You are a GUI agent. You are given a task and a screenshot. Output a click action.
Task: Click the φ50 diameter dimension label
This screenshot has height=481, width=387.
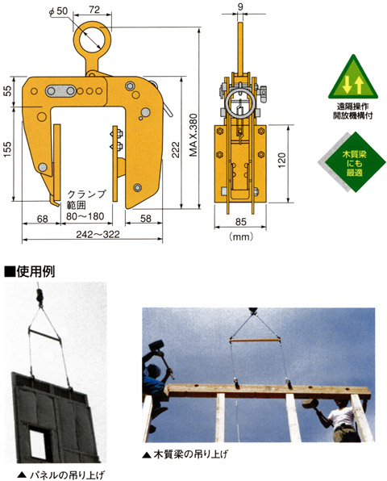click(58, 11)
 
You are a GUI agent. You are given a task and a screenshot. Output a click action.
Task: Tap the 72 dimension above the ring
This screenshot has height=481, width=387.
click(94, 10)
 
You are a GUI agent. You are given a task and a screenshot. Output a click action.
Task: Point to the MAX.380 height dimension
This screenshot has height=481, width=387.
click(193, 135)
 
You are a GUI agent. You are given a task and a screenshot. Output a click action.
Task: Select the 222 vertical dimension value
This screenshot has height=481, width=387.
click(176, 149)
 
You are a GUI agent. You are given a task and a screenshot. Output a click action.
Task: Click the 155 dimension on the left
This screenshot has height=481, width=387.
click(7, 149)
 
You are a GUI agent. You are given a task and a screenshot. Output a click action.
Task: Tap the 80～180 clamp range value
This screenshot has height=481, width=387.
click(85, 216)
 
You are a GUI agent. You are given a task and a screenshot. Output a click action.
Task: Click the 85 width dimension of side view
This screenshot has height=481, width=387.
click(241, 221)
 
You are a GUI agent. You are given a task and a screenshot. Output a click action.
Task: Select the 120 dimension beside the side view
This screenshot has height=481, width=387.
click(281, 160)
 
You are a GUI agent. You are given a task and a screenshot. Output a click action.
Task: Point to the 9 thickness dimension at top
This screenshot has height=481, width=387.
click(240, 6)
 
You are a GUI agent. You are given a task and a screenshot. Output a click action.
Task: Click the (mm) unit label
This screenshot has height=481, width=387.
click(241, 236)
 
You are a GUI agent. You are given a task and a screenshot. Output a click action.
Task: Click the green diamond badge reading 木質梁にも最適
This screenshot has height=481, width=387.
click(355, 162)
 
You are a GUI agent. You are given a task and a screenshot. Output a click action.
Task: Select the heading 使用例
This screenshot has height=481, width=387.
click(30, 271)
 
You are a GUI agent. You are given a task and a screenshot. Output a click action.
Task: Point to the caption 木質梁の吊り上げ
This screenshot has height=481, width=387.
click(186, 454)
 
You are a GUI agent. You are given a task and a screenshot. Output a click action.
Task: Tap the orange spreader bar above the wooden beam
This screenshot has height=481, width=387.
click(255, 341)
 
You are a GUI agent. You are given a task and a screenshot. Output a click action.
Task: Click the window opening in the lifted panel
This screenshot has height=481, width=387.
click(40, 442)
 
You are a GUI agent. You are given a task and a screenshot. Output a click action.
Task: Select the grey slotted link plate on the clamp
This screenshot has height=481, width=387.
click(60, 91)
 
